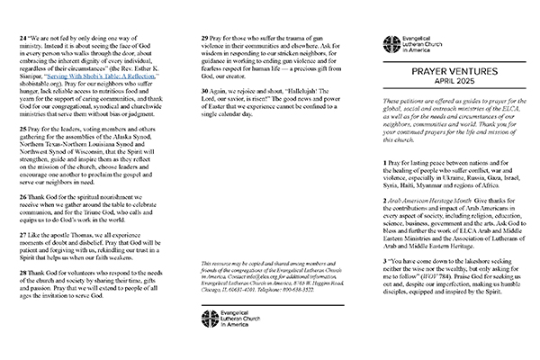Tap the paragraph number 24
click(x=23, y=40)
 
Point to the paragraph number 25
click(x=23, y=153)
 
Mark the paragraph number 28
click(x=23, y=321)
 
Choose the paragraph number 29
click(x=202, y=40)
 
